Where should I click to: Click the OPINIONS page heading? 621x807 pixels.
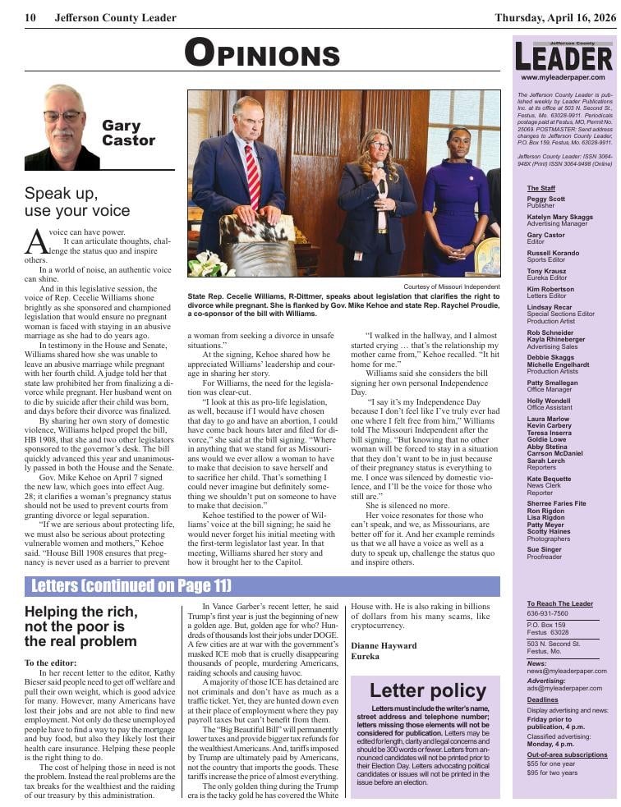click(262, 53)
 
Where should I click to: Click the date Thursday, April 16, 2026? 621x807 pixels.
click(555, 17)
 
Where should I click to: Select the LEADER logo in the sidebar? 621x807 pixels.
click(564, 57)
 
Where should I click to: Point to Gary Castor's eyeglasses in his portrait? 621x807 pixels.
click(62, 116)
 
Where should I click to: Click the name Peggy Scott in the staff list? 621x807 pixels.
click(546, 199)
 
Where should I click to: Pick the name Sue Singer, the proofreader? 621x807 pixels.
click(543, 549)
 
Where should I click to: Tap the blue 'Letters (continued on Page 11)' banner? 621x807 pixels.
click(131, 586)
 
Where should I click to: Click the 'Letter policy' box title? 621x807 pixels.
click(427, 690)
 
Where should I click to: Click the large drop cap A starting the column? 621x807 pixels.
click(36, 241)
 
